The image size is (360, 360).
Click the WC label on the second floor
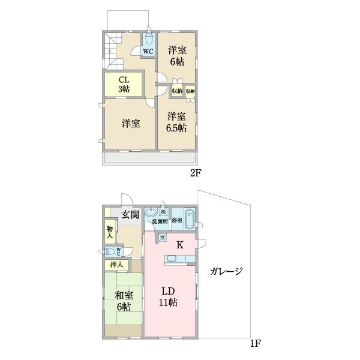(148, 51)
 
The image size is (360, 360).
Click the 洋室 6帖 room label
(176, 55)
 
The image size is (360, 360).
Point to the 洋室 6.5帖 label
(176, 122)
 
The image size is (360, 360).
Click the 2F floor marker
(196, 174)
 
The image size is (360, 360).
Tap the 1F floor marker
(256, 344)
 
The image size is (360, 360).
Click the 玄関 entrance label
(130, 214)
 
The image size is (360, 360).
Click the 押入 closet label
(116, 265)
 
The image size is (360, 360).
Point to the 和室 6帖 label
(124, 301)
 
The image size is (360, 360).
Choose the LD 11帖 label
(168, 296)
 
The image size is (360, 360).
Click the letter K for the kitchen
(179, 245)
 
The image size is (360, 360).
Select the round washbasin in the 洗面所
(151, 212)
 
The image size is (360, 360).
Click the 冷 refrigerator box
(161, 238)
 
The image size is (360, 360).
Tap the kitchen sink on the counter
(171, 259)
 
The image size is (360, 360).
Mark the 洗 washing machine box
(163, 212)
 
